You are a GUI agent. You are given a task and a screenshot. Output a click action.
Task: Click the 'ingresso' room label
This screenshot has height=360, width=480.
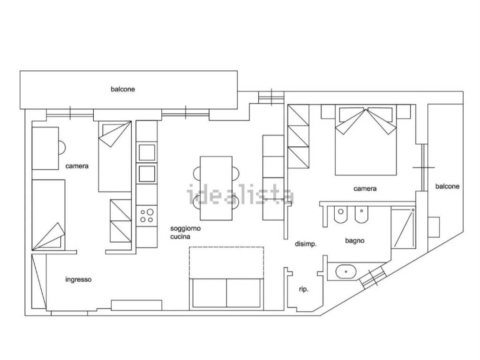tap(78, 279)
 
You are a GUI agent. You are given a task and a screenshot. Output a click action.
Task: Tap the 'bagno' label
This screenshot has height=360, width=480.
tap(355, 240)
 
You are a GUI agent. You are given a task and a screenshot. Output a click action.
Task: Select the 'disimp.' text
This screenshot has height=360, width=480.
tap(306, 244)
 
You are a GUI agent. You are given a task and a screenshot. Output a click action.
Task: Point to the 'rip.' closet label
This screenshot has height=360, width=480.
tap(304, 289)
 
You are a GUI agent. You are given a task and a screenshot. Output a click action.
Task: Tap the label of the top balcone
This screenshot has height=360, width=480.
tap(123, 89)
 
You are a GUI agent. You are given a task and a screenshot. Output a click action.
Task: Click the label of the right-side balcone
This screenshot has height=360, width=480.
tap(447, 186)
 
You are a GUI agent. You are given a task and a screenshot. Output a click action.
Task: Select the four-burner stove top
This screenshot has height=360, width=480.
tap(147, 216)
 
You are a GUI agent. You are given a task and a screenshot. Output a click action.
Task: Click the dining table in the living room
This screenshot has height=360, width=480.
tap(216, 188)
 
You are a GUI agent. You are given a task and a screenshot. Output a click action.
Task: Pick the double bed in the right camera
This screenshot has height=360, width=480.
tap(366, 140)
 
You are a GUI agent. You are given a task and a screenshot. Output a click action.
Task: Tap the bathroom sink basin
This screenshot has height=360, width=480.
tap(346, 271)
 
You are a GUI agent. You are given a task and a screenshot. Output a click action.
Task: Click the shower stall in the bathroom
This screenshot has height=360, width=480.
tap(404, 228)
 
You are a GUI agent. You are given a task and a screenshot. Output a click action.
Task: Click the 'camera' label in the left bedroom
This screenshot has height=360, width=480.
tap(77, 166)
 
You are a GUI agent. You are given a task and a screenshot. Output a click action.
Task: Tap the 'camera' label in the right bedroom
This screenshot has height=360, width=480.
tap(365, 188)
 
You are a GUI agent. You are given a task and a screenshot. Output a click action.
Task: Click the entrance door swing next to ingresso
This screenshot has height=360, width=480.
tap(39, 281)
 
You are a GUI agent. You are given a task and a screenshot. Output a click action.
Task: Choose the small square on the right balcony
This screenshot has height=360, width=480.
tap(434, 227)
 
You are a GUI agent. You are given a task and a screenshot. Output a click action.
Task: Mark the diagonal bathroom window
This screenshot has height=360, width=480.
tap(372, 277)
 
